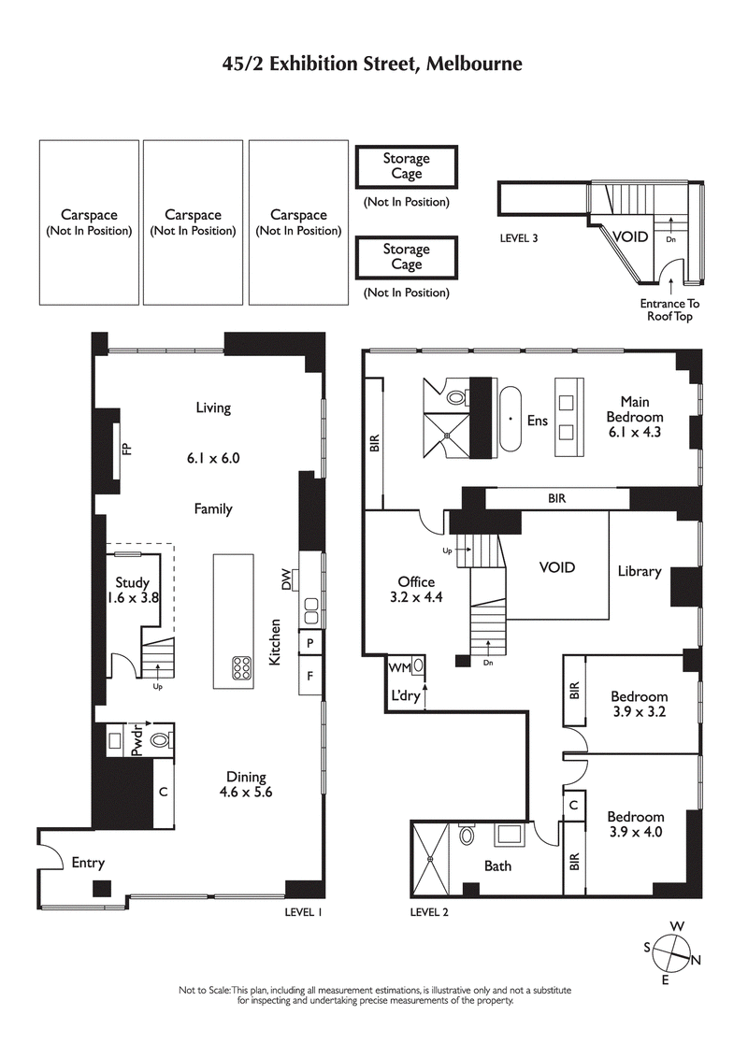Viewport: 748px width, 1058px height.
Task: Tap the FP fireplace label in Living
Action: tap(126, 450)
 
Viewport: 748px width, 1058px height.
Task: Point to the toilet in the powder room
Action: tap(161, 742)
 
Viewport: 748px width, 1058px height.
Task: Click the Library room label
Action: tap(639, 571)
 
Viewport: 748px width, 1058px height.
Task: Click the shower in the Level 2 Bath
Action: tap(431, 857)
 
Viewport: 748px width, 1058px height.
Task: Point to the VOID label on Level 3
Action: tap(630, 236)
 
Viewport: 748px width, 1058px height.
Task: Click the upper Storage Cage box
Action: tap(407, 167)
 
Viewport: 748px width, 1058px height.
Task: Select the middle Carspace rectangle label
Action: tap(194, 222)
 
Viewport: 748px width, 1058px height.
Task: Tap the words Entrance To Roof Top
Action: tap(669, 310)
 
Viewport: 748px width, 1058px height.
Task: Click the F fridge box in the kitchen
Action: tap(309, 674)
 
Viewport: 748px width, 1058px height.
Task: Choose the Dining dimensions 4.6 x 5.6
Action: tap(246, 792)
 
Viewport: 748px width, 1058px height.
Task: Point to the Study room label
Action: tap(133, 583)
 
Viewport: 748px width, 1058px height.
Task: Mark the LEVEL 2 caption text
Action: tap(429, 912)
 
